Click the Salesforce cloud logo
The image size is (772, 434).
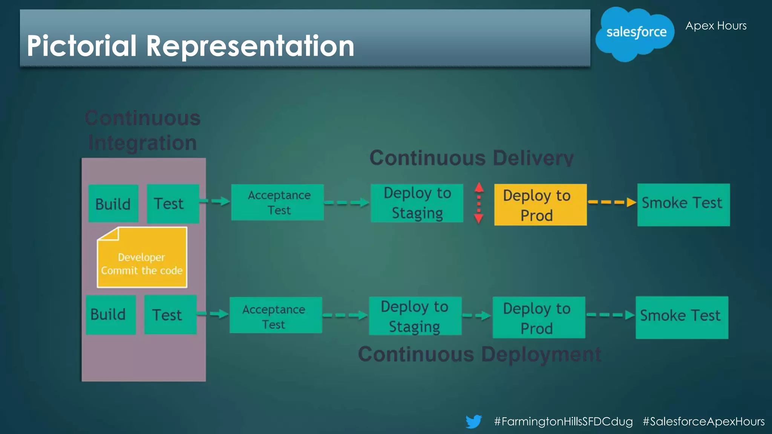(x=635, y=33)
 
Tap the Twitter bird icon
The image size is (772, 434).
(x=473, y=421)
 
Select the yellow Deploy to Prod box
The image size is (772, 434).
(x=540, y=205)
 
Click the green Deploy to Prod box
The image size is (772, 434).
(x=539, y=317)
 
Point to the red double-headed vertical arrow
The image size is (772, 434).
(x=479, y=203)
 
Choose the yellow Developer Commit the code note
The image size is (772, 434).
(x=142, y=258)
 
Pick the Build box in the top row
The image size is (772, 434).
(x=113, y=203)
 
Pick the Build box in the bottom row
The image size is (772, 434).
(x=110, y=315)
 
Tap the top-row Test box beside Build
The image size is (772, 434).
(x=173, y=203)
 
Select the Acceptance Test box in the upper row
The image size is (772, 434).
(x=277, y=202)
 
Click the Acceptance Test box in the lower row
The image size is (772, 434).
(x=276, y=315)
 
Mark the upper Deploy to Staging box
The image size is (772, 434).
(x=417, y=203)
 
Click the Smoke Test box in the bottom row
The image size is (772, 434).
(x=682, y=317)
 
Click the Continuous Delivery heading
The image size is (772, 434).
(x=471, y=158)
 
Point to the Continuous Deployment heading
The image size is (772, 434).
(x=479, y=354)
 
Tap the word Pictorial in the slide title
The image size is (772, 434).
(x=81, y=46)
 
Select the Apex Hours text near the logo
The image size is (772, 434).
(x=715, y=26)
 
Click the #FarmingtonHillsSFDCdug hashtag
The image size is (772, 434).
(x=563, y=421)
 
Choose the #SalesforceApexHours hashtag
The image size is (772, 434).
(x=703, y=421)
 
